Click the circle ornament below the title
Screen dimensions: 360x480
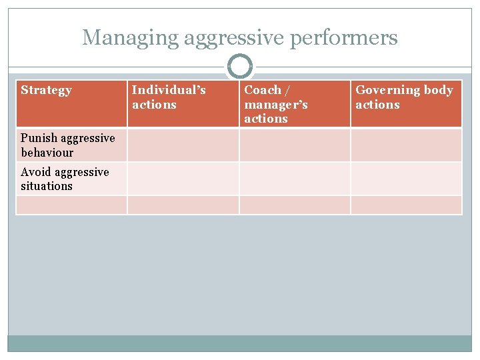[x=240, y=67]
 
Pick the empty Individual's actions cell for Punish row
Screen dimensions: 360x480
[x=183, y=145]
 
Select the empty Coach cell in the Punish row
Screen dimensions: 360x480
[x=295, y=145]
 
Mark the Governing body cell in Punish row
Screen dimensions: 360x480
[x=406, y=145]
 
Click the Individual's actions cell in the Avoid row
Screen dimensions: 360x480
[x=183, y=179]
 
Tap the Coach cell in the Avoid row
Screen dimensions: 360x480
[x=295, y=179]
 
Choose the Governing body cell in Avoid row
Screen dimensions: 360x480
[x=406, y=179]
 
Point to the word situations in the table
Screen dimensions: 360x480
[x=46, y=186]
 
